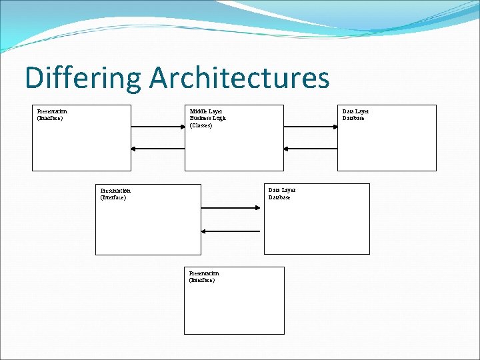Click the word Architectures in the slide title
(x=239, y=78)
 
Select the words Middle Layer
(x=206, y=111)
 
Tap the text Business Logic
(x=208, y=118)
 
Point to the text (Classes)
(x=201, y=125)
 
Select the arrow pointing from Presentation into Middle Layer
(x=158, y=127)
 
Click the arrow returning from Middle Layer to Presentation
(x=158, y=149)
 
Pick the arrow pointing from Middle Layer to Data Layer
(x=310, y=127)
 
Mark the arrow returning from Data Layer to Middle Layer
(x=310, y=149)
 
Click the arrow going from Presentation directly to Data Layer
(x=232, y=208)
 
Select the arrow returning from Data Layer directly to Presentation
(x=232, y=231)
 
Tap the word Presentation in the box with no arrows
(x=204, y=273)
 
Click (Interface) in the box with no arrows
(x=202, y=281)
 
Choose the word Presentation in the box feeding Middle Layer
(x=52, y=111)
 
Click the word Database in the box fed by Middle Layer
(x=353, y=119)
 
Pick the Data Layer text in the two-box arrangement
(x=281, y=190)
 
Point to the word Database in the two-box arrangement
(x=279, y=197)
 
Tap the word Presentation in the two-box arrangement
(x=115, y=191)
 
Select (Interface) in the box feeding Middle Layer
(x=50, y=119)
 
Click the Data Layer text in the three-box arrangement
(x=355, y=111)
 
